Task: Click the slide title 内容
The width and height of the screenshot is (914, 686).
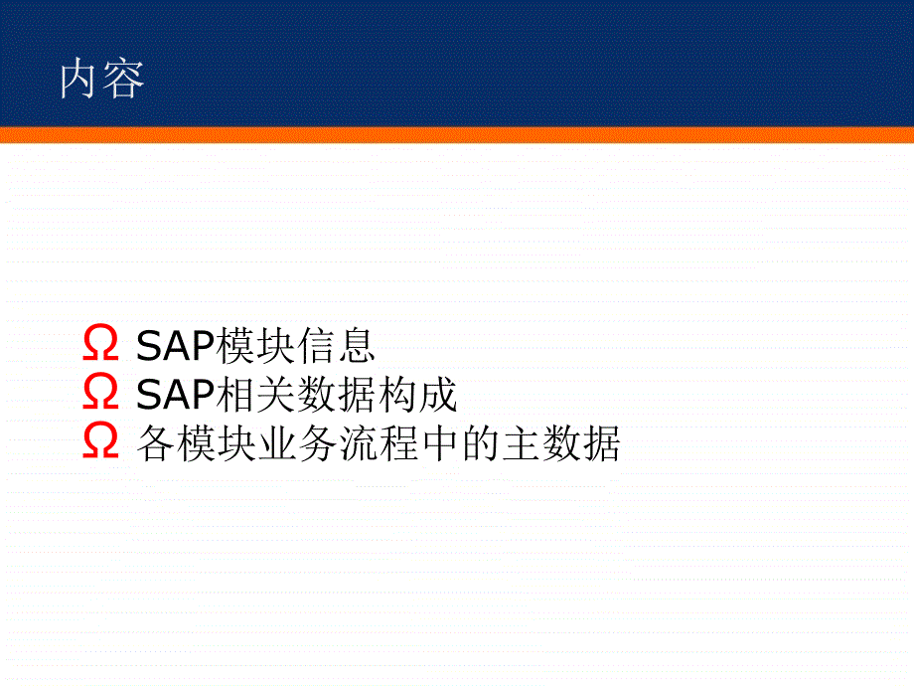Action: click(102, 79)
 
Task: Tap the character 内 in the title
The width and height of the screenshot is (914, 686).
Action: click(78, 79)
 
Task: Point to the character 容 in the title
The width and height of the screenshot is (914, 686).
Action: click(124, 79)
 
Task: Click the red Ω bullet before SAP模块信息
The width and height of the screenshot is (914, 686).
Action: click(100, 343)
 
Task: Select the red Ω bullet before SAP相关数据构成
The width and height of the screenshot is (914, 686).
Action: click(100, 392)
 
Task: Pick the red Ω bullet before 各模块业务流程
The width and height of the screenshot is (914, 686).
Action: click(100, 441)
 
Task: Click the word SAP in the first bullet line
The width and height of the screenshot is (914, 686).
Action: click(176, 346)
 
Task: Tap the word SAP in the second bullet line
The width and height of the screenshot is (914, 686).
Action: click(176, 395)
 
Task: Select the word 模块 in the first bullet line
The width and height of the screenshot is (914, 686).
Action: click(255, 345)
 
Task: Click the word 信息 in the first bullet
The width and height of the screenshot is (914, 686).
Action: click(336, 345)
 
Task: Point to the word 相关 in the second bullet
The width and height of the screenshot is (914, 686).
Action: click(255, 395)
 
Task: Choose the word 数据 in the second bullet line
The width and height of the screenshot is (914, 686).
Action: click(336, 395)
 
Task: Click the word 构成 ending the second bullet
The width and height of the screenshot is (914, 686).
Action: click(417, 395)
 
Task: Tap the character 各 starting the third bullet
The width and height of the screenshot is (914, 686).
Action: click(156, 443)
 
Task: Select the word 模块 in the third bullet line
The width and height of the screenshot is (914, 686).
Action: click(216, 443)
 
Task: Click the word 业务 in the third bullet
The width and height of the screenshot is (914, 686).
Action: click(297, 443)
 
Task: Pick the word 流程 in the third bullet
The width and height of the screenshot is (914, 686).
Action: click(378, 443)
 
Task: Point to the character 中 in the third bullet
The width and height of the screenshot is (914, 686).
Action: click(438, 443)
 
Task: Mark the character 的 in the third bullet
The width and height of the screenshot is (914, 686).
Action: click(480, 443)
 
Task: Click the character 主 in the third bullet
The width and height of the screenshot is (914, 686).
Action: click(520, 443)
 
